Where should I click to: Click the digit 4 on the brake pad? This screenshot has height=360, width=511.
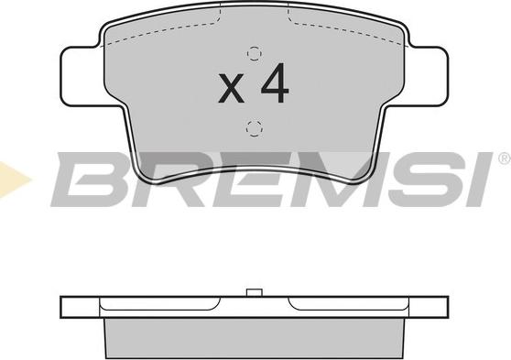[276, 83]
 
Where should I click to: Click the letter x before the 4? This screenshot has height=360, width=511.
[231, 88]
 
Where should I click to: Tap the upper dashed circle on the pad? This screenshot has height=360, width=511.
[255, 54]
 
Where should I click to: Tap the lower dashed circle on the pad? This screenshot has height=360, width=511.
[255, 128]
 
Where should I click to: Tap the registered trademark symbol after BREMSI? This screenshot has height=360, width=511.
[505, 159]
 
